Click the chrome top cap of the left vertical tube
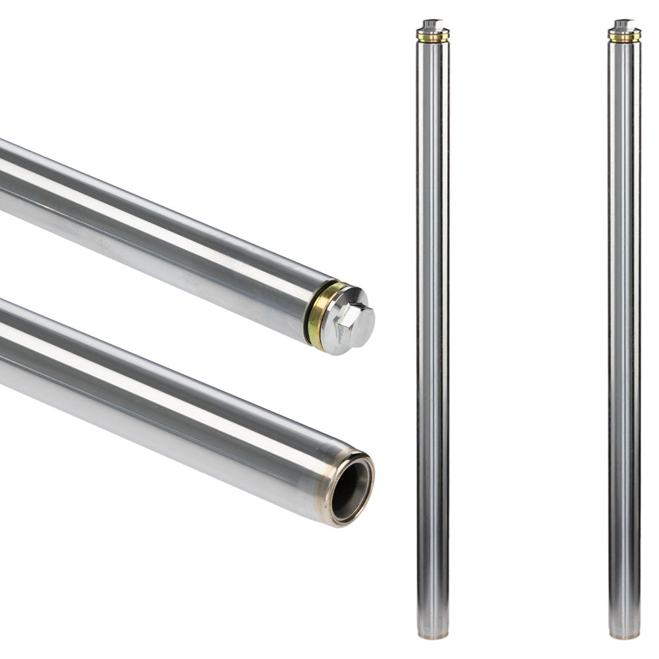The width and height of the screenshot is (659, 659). point(432,26)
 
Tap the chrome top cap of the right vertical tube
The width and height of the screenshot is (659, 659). point(624,26)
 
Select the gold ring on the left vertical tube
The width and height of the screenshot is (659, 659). point(432,38)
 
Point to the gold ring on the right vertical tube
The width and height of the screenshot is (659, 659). point(624,38)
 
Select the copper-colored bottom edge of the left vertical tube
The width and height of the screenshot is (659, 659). point(433,637)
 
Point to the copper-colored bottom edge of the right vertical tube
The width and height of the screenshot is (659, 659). point(624,637)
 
